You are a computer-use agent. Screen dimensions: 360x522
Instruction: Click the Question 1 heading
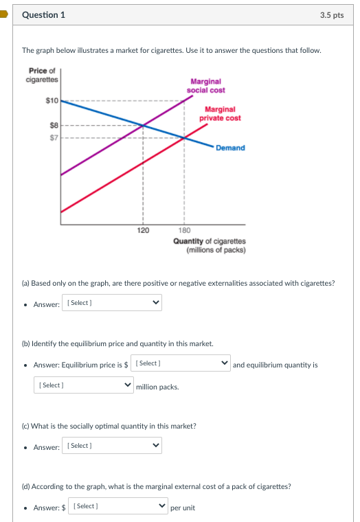click(x=44, y=15)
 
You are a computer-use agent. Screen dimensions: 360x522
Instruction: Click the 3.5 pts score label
click(x=332, y=15)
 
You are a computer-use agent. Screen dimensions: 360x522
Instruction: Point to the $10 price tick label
click(x=52, y=100)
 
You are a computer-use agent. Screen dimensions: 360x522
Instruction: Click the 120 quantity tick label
click(x=143, y=231)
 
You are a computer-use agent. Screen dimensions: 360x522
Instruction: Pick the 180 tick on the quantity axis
click(x=184, y=231)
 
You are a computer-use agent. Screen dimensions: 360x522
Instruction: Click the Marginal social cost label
click(x=205, y=86)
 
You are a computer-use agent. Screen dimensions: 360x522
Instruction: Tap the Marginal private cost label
click(x=220, y=113)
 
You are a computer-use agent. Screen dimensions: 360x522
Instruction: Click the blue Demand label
click(x=230, y=148)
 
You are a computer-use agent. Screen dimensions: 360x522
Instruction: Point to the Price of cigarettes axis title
click(x=43, y=75)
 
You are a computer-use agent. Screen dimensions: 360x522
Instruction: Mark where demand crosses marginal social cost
click(x=143, y=126)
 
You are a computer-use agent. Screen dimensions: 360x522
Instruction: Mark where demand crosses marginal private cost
click(x=184, y=137)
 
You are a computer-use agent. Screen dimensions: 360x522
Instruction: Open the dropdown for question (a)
click(x=113, y=303)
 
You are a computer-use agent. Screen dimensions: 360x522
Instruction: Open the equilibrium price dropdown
click(x=182, y=363)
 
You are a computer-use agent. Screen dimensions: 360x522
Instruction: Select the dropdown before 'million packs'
click(x=83, y=385)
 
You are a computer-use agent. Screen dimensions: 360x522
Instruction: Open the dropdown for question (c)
click(x=113, y=446)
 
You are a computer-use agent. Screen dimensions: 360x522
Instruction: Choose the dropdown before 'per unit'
click(x=118, y=506)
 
